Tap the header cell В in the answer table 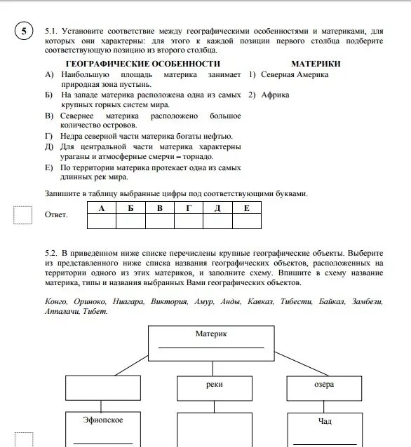coord(159,208)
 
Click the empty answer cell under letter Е coord(245,221)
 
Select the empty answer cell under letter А coord(102,221)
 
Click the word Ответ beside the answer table coord(56,214)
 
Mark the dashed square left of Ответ coord(23,214)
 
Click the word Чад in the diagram coord(323,422)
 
